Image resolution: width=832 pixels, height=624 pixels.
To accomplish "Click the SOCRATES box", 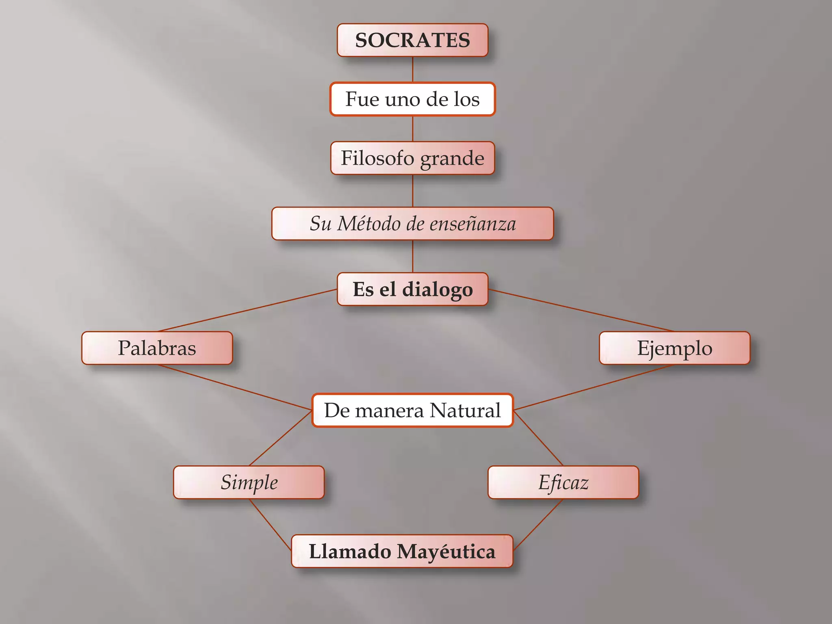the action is tap(412, 40).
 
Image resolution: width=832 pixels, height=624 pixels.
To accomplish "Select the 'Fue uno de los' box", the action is tap(412, 99).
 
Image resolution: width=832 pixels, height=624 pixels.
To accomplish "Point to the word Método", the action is tap(369, 223).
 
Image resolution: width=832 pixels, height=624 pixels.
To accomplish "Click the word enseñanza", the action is tap(472, 224).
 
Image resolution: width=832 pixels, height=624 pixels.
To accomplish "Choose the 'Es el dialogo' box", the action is tap(412, 289).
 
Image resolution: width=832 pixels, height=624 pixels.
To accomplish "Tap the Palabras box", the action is tap(157, 348).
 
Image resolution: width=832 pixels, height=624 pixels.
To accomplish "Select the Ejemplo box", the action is tap(674, 348).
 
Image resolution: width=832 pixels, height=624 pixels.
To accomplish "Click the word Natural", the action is tap(465, 410).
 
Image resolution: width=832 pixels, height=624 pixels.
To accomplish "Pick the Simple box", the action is tap(249, 482).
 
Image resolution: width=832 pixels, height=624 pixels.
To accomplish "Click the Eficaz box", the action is tap(563, 482).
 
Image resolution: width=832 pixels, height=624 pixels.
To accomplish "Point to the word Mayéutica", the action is tap(446, 552).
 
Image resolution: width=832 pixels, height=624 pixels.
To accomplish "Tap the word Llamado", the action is tap(350, 552).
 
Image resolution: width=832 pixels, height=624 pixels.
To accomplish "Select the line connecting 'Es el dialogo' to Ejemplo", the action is tap(581, 310).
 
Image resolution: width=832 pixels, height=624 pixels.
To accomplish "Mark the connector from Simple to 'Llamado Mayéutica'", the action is tap(270, 524).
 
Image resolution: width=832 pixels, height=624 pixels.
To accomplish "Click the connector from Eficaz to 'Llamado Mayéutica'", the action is tap(538, 524).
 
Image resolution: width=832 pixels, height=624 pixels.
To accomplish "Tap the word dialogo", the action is tap(438, 290).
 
